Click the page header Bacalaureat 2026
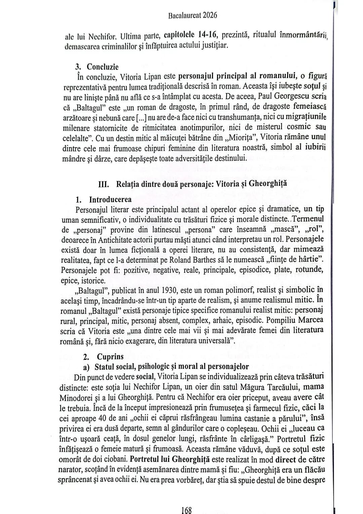point(192,15)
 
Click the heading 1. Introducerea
point(104,199)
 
